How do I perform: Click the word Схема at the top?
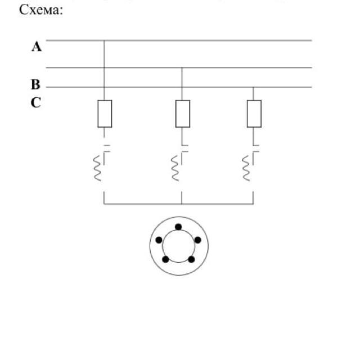point(40,10)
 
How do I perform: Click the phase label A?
point(37,47)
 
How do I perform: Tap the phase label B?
point(35,85)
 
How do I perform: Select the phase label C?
point(35,103)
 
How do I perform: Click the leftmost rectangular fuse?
point(105,114)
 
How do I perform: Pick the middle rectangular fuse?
point(182,114)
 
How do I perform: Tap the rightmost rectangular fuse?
point(254,114)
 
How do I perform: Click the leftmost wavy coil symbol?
point(97,168)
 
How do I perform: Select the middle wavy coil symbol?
point(174,168)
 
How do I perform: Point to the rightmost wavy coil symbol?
point(246,168)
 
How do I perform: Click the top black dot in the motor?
point(178,227)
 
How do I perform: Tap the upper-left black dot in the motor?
point(159,240)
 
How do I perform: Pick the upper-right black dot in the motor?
point(197,240)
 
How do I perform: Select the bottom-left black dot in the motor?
point(166,259)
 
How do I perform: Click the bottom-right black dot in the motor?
point(191,259)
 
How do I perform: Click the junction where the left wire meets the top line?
point(105,40)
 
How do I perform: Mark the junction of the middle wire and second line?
point(182,67)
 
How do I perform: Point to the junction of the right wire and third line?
point(254,87)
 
